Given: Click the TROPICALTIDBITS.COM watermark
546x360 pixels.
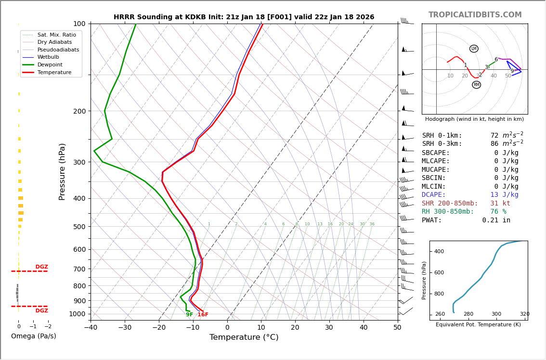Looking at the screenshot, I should pyautogui.click(x=475, y=15).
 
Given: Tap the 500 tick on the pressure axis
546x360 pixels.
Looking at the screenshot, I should pyautogui.click(x=79, y=227).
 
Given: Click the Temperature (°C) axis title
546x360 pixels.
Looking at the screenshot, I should pyautogui.click(x=244, y=337).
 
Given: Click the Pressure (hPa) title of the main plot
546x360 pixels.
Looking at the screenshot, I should pyautogui.click(x=62, y=171).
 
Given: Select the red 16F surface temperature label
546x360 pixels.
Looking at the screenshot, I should pyautogui.click(x=203, y=315).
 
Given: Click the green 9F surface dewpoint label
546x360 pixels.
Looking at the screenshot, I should pyautogui.click(x=190, y=315).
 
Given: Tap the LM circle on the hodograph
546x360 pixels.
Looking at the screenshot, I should pyautogui.click(x=474, y=49).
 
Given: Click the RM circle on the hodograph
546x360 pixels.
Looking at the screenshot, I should pyautogui.click(x=476, y=85).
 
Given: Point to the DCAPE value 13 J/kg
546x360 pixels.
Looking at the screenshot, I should pyautogui.click(x=504, y=195).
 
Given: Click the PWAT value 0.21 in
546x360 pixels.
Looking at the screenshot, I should pyautogui.click(x=496, y=220).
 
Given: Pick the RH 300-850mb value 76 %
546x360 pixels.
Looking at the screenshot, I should pyautogui.click(x=498, y=212).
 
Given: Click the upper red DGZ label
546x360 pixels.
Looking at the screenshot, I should pyautogui.click(x=41, y=267).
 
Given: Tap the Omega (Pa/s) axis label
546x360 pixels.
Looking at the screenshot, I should pyautogui.click(x=34, y=336).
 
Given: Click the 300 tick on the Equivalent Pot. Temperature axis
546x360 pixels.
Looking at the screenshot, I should pyautogui.click(x=496, y=314).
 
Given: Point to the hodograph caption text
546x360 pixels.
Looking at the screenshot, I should pyautogui.click(x=474, y=119).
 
